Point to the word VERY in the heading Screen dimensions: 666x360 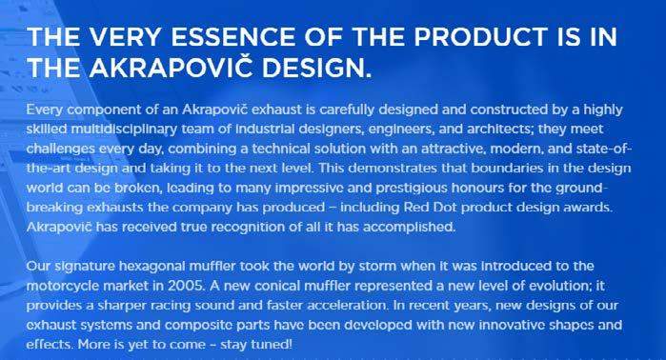[125, 36]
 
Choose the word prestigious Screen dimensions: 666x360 [412, 189]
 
